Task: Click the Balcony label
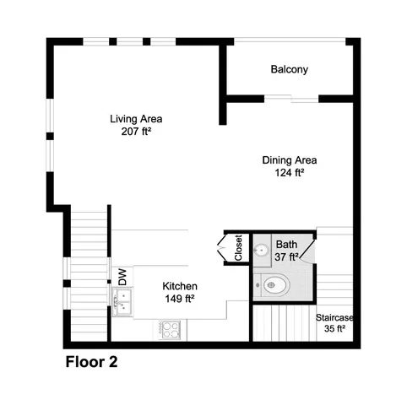[289, 69]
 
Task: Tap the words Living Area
[136, 118]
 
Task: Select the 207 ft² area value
[136, 131]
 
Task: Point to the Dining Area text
[289, 159]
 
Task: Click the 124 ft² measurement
[289, 171]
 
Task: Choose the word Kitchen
[179, 286]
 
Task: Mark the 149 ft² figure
[179, 298]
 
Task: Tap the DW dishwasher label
[122, 275]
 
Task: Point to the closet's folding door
[223, 250]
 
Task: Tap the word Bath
[286, 246]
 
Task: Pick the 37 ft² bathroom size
[287, 256]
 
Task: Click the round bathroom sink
[263, 251]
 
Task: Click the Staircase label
[334, 317]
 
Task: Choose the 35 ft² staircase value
[335, 329]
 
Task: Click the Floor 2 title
[91, 363]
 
